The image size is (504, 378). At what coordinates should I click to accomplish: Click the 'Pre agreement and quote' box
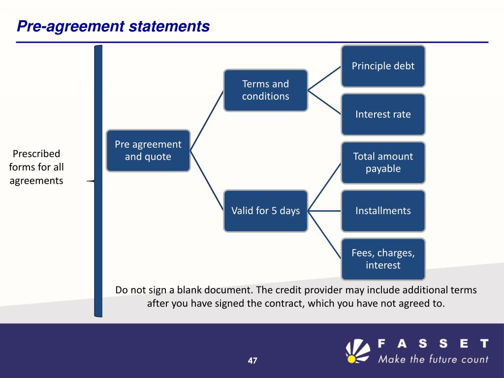pyautogui.click(x=148, y=151)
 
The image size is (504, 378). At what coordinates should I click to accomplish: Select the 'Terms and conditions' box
pyautogui.click(x=265, y=90)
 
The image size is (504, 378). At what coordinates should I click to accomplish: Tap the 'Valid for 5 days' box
pyautogui.click(x=265, y=211)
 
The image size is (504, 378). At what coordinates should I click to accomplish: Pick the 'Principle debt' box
pyautogui.click(x=383, y=66)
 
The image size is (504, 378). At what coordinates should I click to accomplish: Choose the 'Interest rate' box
pyautogui.click(x=383, y=114)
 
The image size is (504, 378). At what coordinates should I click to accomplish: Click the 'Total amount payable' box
pyautogui.click(x=383, y=162)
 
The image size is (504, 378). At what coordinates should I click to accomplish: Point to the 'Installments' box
pyautogui.click(x=383, y=211)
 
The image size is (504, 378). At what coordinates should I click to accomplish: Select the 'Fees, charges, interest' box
pyautogui.click(x=383, y=259)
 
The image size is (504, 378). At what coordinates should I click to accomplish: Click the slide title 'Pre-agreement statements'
pyautogui.click(x=113, y=26)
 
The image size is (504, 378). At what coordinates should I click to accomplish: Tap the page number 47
pyautogui.click(x=252, y=361)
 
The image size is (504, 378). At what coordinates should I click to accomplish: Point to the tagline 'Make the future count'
pyautogui.click(x=433, y=359)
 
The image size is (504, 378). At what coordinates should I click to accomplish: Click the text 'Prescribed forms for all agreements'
pyautogui.click(x=36, y=167)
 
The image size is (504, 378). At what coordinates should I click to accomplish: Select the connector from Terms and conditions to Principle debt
pyautogui.click(x=325, y=78)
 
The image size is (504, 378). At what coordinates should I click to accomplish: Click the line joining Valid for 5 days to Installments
pyautogui.click(x=324, y=211)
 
